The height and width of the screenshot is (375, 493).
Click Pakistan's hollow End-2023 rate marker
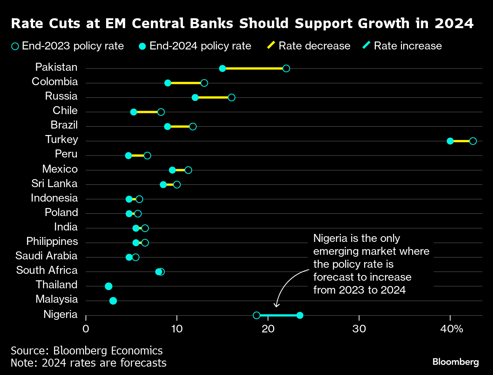[x=286, y=68]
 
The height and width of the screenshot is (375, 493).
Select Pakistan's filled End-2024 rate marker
[x=223, y=68]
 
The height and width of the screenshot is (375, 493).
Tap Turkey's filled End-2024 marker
[x=450, y=141]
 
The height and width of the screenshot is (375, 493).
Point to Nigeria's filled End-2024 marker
[x=300, y=315]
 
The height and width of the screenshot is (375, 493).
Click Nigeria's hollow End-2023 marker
[x=256, y=315]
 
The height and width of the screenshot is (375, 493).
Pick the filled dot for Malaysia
[x=113, y=301]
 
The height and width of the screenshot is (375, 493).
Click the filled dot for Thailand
[x=108, y=286]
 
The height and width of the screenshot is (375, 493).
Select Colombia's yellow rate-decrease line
[x=186, y=83]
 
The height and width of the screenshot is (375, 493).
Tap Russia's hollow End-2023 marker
[x=231, y=97]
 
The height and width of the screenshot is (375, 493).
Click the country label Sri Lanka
[x=54, y=184]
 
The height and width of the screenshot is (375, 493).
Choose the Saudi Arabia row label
[x=46, y=256]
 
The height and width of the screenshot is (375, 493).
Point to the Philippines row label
[x=52, y=242]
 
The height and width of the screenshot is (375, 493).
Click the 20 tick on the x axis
[x=268, y=329]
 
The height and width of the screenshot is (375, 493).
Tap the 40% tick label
[x=452, y=329]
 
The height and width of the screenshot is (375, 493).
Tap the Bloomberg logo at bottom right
[x=455, y=362]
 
